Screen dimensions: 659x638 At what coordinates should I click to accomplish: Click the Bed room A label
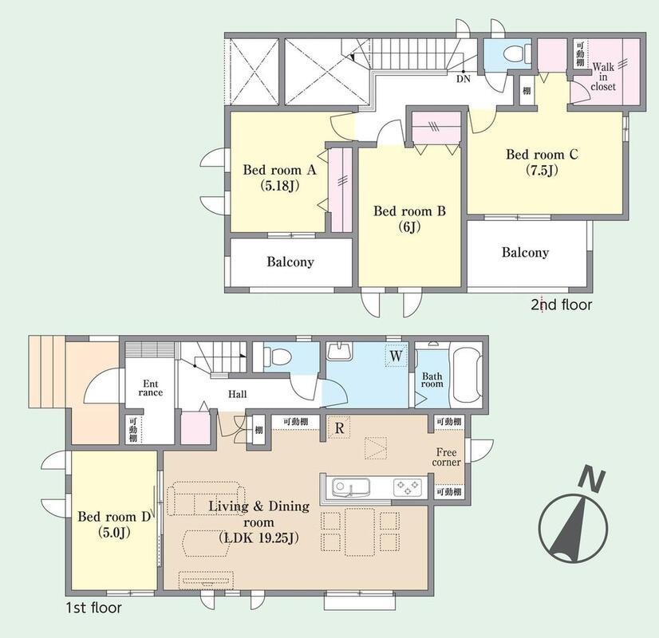point(279,177)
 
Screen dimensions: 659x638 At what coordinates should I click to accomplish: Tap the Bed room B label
point(409,219)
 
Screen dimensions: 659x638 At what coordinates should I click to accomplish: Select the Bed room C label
point(542,162)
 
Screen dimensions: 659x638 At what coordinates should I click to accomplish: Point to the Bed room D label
point(114,524)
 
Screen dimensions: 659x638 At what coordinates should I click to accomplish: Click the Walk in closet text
point(603,77)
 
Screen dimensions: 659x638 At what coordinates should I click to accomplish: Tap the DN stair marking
point(464,79)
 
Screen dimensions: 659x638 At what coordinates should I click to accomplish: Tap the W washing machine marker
point(396,356)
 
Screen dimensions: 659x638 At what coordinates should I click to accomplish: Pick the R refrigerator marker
point(339,428)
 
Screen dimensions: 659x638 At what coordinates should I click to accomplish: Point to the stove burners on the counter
point(407,487)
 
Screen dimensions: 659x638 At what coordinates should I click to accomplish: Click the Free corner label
point(446,457)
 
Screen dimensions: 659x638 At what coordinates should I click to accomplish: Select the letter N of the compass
point(592,480)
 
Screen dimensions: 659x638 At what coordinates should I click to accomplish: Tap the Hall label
point(238,394)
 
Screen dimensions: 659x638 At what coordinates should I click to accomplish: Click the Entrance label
point(151,388)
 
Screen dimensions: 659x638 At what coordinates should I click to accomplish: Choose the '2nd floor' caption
point(561,305)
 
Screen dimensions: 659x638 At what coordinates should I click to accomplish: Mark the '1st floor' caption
point(93,608)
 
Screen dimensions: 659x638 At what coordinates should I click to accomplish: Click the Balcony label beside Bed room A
point(290,262)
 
